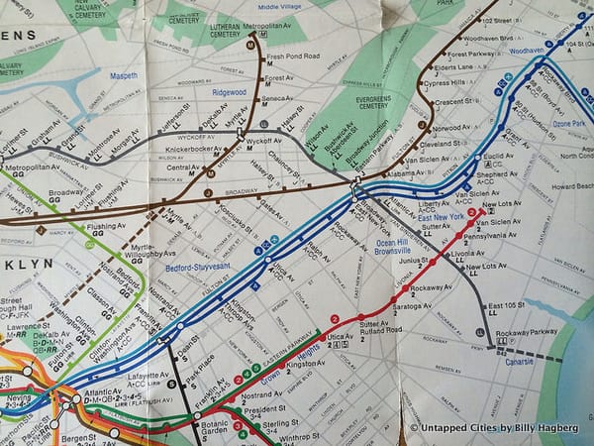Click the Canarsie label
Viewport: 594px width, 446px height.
512,360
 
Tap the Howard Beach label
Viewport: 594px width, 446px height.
571,186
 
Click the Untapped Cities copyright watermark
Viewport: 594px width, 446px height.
500,427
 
